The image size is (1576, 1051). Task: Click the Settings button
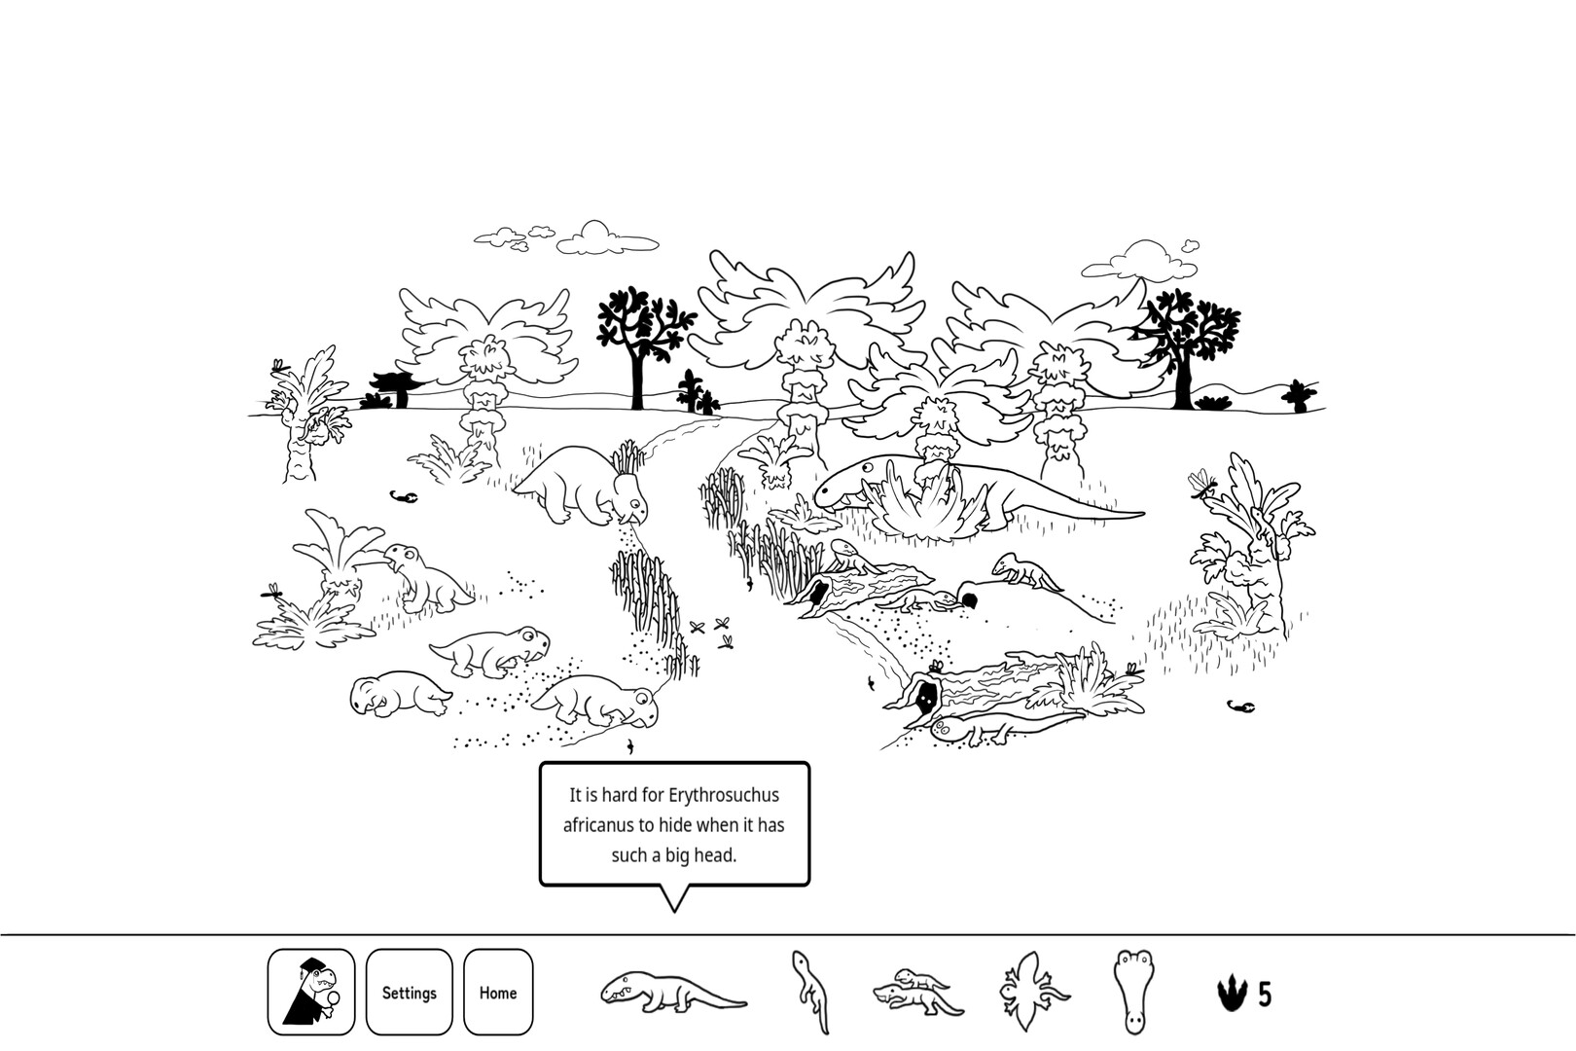pyautogui.click(x=409, y=993)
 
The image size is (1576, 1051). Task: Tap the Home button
pyautogui.click(x=498, y=993)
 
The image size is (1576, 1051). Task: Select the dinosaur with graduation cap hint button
pyautogui.click(x=311, y=993)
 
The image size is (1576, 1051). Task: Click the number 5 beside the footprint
pyautogui.click(x=1265, y=995)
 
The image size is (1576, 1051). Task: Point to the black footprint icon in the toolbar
pyautogui.click(x=1232, y=995)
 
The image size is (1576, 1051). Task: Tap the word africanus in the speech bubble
pyautogui.click(x=598, y=825)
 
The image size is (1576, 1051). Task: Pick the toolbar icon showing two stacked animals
pyautogui.click(x=918, y=993)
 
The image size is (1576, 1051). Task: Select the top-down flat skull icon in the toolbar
pyautogui.click(x=1132, y=993)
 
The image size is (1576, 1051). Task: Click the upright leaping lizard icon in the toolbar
pyautogui.click(x=809, y=993)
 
